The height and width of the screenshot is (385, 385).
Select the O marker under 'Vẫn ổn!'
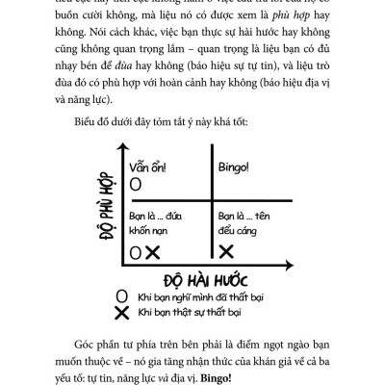pyautogui.click(x=136, y=183)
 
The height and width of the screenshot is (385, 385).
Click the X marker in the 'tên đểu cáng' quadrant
pyautogui.click(x=227, y=250)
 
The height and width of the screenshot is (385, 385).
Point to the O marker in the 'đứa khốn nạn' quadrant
pyautogui.click(x=136, y=252)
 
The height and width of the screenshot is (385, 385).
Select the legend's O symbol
pyautogui.click(x=120, y=297)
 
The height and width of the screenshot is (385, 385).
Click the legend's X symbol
pyautogui.click(x=120, y=313)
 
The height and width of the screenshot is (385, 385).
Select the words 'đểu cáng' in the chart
pyautogui.click(x=237, y=231)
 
